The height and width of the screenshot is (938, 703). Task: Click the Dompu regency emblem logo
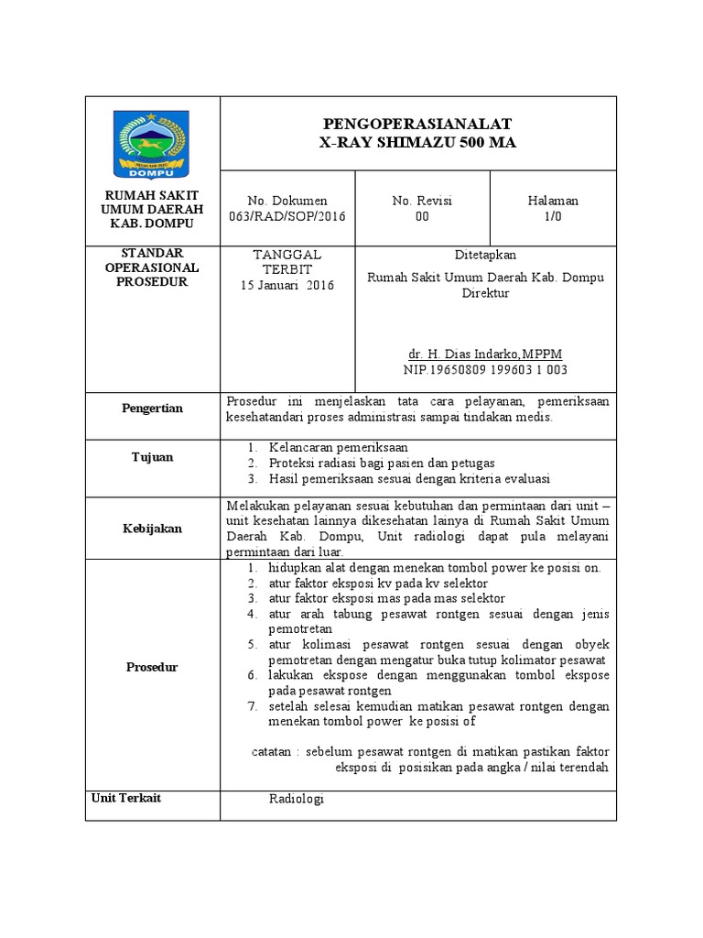pyautogui.click(x=152, y=144)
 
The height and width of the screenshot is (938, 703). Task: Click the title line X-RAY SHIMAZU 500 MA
pyautogui.click(x=417, y=142)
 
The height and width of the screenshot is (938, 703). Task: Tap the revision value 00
pyautogui.click(x=422, y=216)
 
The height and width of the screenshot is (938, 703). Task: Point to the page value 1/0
pyautogui.click(x=553, y=216)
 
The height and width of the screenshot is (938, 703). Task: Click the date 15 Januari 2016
pyautogui.click(x=287, y=285)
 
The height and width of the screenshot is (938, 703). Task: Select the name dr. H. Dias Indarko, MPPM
pyautogui.click(x=485, y=354)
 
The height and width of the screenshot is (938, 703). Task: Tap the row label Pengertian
pyautogui.click(x=152, y=408)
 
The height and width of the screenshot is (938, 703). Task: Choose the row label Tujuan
pyautogui.click(x=152, y=457)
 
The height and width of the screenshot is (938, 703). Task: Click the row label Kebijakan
pyautogui.click(x=152, y=529)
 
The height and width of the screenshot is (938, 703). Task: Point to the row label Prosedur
pyautogui.click(x=152, y=667)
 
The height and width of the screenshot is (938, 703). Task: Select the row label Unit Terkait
pyautogui.click(x=126, y=798)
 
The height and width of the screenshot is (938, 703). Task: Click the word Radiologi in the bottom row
pyautogui.click(x=297, y=799)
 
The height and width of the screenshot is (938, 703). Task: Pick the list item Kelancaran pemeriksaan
pyautogui.click(x=339, y=447)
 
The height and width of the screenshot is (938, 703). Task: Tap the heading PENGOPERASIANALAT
pyautogui.click(x=417, y=124)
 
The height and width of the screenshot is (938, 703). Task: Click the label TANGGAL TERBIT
pyautogui.click(x=287, y=262)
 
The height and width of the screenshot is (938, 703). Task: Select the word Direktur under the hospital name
pyautogui.click(x=485, y=293)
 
